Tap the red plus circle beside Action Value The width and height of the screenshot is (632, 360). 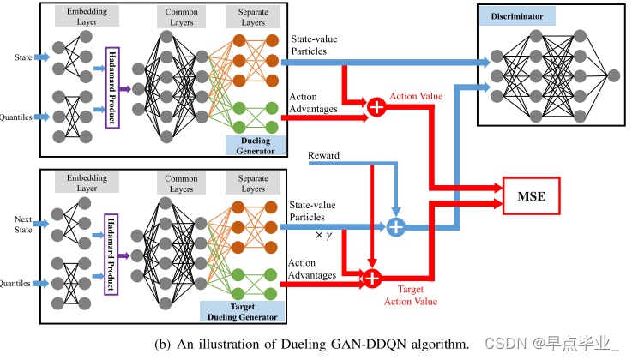376,107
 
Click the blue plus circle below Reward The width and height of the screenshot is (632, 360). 395,227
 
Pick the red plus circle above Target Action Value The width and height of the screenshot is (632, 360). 372,277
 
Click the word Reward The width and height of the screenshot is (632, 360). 324,156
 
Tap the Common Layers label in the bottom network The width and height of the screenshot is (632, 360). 181,183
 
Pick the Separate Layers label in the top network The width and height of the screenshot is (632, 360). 252,17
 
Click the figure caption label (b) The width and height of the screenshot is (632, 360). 163,344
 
